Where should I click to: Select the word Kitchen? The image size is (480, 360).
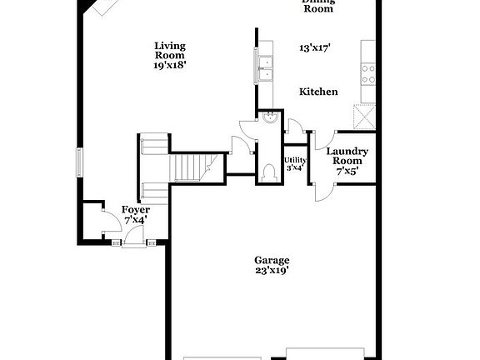[318, 92]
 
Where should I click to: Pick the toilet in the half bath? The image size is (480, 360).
[267, 172]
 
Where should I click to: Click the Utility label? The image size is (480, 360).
[294, 160]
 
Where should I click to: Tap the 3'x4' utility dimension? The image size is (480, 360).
[294, 167]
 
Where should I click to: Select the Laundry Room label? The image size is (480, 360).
[344, 156]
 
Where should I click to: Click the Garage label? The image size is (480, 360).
[272, 260]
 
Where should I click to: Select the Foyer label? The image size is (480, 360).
[135, 209]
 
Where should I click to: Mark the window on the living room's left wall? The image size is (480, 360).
[80, 162]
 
